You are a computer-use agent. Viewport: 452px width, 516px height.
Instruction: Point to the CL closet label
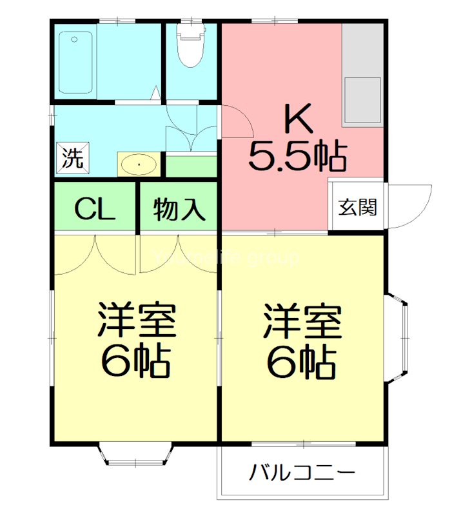click(x=94, y=209)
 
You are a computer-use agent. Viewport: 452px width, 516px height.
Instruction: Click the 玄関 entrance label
click(x=359, y=208)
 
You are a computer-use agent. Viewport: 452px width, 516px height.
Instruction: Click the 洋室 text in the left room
click(x=137, y=321)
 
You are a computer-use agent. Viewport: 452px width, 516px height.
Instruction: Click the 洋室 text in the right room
click(x=302, y=321)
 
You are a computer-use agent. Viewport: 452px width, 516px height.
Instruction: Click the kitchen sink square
click(x=363, y=100)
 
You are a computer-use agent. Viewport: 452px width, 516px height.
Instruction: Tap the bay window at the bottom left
click(x=136, y=454)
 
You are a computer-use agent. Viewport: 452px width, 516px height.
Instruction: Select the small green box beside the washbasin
click(x=191, y=166)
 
